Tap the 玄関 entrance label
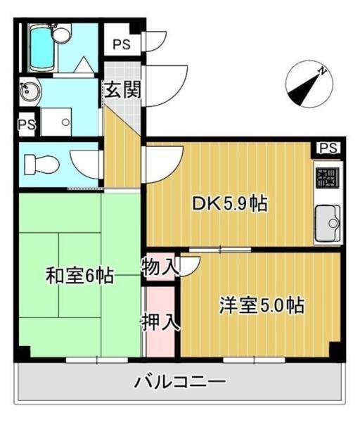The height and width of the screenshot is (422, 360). click(123, 89)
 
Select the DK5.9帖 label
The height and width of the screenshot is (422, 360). click(229, 204)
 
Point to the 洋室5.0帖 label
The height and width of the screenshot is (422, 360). click(261, 306)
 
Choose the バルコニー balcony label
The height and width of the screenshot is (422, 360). click(180, 383)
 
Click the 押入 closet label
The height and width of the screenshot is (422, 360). click(160, 323)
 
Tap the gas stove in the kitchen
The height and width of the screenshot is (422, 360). click(327, 181)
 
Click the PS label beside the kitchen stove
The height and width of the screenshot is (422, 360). click(328, 148)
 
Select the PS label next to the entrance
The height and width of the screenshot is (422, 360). click(121, 44)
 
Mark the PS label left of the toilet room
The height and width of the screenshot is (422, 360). click(27, 124)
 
